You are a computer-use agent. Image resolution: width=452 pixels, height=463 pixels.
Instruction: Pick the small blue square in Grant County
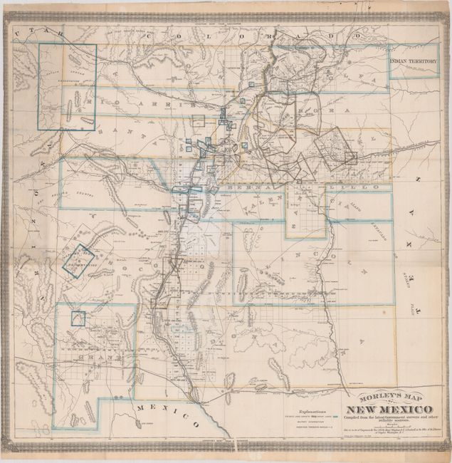(x=77, y=318)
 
